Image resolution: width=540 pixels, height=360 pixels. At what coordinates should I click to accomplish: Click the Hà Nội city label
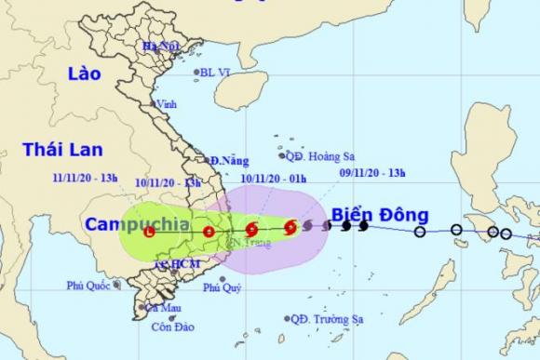[160, 46]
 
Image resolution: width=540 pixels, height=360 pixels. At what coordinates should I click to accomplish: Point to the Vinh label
[168, 104]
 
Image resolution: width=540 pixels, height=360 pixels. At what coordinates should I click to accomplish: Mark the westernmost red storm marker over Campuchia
[151, 233]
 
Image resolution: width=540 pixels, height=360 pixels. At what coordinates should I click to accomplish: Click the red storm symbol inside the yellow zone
[290, 226]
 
